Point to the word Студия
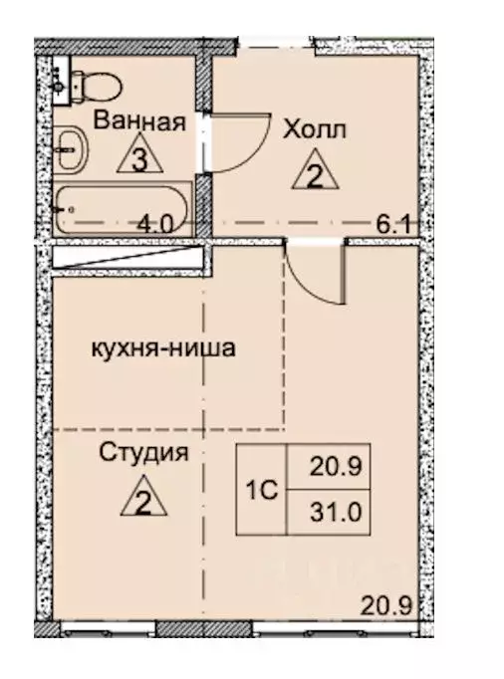point(144,453)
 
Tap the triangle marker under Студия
point(143,498)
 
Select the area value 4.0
point(156,224)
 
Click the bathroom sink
point(71,151)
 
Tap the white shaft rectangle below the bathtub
point(125,256)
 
